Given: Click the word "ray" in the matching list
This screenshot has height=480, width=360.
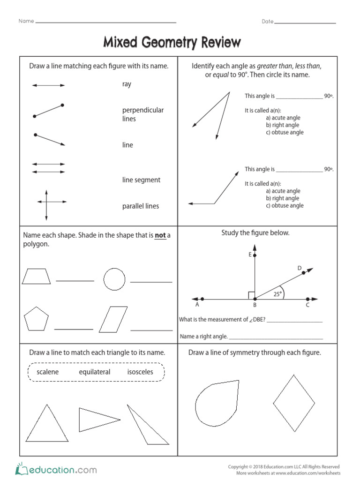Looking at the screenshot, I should [127, 84].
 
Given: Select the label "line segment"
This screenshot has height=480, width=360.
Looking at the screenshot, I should [141, 180].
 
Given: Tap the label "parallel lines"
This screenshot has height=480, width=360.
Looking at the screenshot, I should [141, 206].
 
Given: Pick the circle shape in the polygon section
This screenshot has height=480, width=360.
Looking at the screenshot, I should [114, 279].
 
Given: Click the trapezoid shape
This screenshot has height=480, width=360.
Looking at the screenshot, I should [36, 277].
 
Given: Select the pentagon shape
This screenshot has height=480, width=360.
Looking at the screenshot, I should [37, 319].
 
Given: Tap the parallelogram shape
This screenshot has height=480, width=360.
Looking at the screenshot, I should [113, 320].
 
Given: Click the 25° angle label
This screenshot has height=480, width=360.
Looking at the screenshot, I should [277, 294].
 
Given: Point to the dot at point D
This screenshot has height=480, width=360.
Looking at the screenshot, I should [304, 272].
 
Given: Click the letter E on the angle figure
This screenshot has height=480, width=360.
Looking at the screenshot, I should [250, 255].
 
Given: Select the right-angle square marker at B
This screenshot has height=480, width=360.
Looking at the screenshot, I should [252, 295].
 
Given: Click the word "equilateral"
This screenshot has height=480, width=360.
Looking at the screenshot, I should [95, 372].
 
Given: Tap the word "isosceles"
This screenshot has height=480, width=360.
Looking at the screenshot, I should [140, 372].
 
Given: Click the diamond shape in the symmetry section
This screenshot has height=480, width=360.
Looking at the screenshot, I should [294, 403].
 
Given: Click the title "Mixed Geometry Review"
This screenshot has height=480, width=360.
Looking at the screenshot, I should [172, 43].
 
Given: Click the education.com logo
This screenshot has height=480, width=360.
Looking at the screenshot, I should [56, 469].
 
